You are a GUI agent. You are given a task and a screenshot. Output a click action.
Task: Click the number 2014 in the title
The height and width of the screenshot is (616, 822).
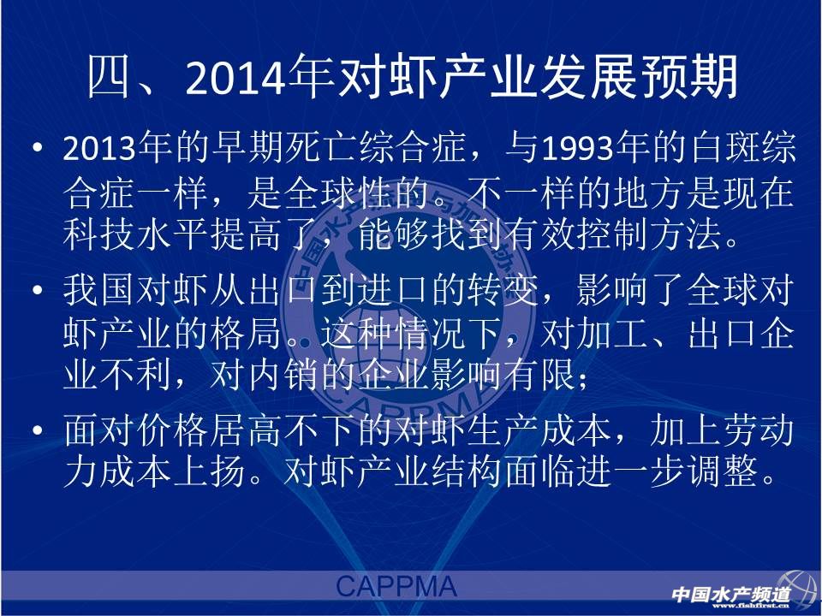[236, 79]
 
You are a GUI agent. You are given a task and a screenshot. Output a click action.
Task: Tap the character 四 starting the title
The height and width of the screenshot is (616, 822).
[109, 78]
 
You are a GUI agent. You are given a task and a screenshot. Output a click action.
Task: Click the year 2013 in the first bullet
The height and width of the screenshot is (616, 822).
[99, 148]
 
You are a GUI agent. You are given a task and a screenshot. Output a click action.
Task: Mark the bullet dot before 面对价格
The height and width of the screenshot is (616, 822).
[37, 430]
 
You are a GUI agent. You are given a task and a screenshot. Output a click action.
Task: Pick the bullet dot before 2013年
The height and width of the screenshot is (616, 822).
[37, 148]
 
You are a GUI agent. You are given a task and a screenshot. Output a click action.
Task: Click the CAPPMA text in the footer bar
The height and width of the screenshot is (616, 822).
[396, 586]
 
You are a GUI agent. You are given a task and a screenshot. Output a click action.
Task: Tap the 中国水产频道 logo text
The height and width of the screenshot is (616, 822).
[730, 594]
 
